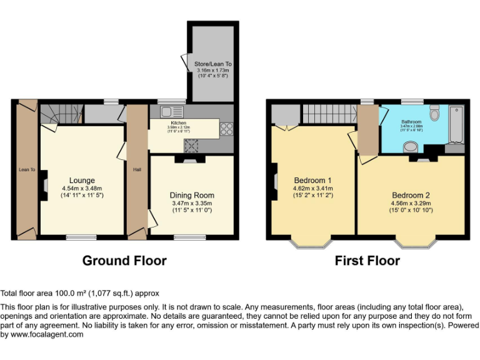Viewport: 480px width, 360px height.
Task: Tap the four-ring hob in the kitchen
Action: click(226, 129)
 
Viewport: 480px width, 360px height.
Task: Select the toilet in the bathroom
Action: click(436, 114)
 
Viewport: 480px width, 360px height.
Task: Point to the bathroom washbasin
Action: click(411, 147)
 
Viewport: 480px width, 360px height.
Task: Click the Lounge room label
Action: click(81, 180)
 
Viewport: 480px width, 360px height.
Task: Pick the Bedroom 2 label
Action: click(411, 194)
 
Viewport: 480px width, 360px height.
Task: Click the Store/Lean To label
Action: click(212, 64)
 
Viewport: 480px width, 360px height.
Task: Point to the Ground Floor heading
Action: click(124, 261)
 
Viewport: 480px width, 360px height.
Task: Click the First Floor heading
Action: click(367, 261)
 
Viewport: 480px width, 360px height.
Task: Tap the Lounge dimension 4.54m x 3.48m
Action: click(81, 188)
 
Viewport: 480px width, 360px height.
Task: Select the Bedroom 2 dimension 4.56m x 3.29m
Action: click(411, 202)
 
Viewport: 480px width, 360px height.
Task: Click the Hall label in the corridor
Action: click(136, 169)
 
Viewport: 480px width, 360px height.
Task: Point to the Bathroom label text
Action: click(411, 122)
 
